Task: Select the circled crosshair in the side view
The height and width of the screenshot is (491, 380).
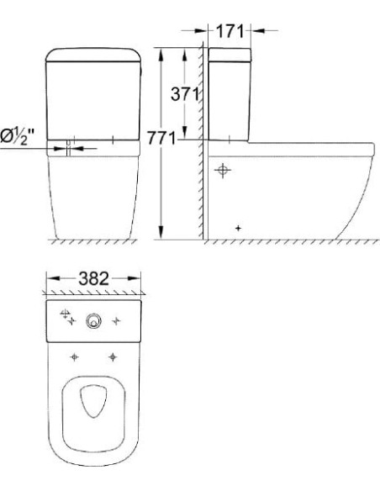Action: tap(222, 171)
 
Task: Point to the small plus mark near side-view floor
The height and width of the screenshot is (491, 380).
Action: tap(239, 227)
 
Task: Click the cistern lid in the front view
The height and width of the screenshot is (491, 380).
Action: tap(94, 57)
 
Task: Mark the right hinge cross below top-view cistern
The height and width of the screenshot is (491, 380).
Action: tap(111, 356)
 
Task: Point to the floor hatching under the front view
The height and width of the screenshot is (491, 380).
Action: tap(94, 242)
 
